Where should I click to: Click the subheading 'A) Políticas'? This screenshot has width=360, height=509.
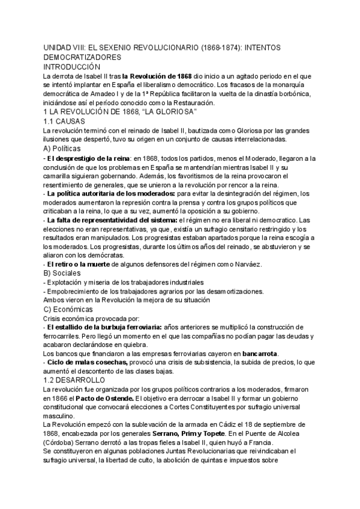[67, 148]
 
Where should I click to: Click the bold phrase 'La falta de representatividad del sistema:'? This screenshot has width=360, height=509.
[112, 220]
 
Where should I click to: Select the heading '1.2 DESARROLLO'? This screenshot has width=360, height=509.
[75, 380]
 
